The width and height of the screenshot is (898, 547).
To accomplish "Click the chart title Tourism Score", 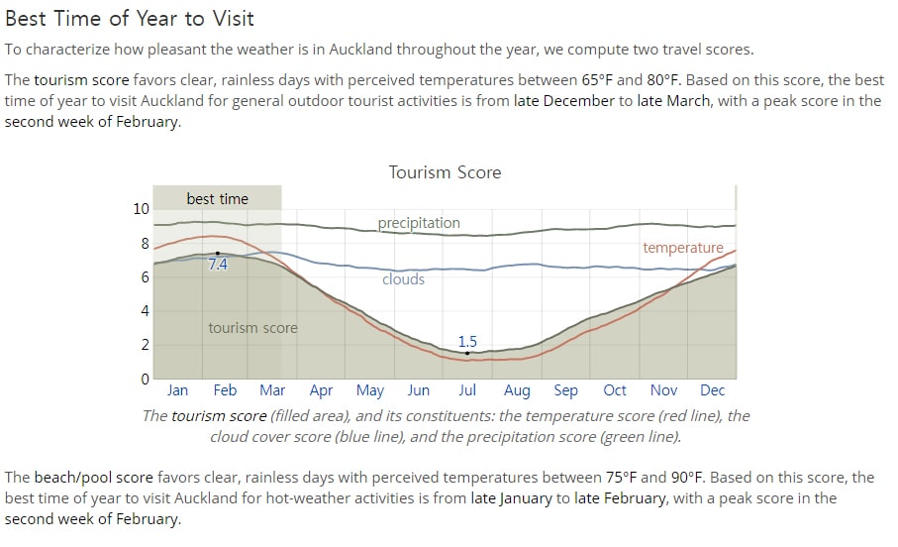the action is click(445, 172).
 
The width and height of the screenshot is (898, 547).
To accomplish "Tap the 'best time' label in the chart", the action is click(218, 199).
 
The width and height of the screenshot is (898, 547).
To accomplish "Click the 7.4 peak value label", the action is click(218, 265).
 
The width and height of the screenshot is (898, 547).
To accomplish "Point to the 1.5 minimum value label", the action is click(467, 342).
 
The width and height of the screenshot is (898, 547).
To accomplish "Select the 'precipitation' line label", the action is click(419, 223).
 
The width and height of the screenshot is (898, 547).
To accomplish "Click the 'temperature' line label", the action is click(683, 248).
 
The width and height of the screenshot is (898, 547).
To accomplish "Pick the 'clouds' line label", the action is click(403, 279).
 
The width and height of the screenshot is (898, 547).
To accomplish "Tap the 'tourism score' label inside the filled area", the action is click(252, 328).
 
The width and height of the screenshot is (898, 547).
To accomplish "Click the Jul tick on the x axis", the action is click(467, 390).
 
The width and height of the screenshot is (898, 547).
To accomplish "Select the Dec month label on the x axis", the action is click(713, 390).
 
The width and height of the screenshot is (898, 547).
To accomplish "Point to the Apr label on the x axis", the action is click(321, 391).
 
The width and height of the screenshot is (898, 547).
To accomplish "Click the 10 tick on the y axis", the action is click(141, 209).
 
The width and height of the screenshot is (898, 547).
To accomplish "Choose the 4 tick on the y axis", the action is click(145, 311).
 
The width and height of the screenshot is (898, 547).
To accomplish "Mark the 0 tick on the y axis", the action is click(145, 379).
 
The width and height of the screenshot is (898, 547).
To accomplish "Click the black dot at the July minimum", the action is click(467, 353).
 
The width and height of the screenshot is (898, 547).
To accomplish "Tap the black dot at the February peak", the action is click(218, 253).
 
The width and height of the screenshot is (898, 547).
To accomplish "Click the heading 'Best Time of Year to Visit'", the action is click(130, 19).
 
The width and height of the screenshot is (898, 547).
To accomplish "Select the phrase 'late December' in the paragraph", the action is click(564, 101).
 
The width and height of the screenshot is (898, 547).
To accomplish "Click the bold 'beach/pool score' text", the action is click(94, 478).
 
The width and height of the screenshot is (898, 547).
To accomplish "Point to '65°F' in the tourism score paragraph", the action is click(596, 79).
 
